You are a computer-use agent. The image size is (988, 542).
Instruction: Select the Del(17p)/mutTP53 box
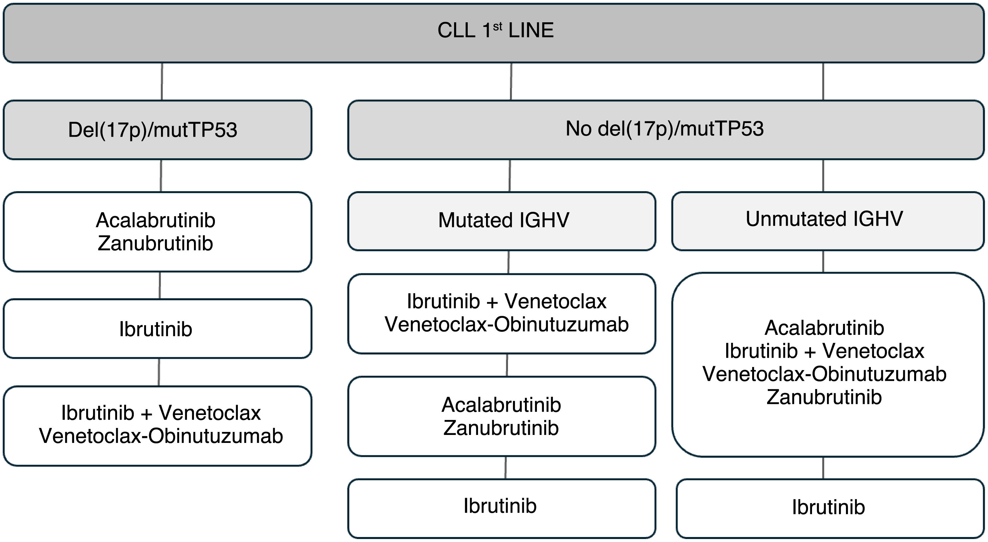tap(157, 130)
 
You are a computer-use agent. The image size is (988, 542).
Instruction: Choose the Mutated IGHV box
tap(502, 221)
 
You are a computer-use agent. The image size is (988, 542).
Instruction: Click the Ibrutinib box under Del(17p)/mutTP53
tap(157, 329)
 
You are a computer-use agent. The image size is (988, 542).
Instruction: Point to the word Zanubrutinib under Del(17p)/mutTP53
tap(155, 244)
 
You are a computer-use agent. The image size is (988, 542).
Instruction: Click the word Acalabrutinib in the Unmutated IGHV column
tap(824, 328)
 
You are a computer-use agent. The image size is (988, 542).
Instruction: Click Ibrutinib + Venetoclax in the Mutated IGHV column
tap(506, 301)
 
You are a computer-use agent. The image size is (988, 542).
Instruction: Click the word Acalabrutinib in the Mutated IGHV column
tap(501, 405)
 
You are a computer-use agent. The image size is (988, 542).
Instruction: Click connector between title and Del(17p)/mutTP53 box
tap(162, 81)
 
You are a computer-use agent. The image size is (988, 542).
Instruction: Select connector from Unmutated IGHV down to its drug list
tap(823, 261)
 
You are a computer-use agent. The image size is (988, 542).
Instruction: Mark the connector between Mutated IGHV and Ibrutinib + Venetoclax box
tap(509, 262)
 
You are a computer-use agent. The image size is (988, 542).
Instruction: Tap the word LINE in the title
tap(531, 30)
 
